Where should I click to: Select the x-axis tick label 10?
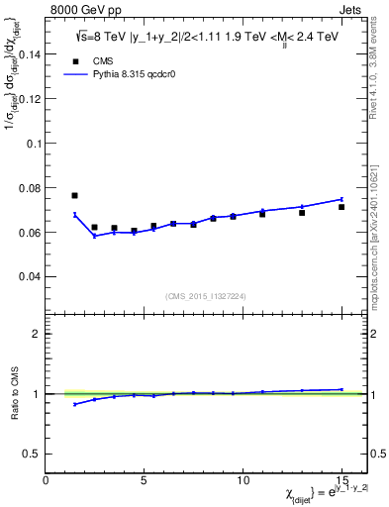(243, 480)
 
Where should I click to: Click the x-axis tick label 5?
(145, 480)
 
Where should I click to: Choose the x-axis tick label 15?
(340, 480)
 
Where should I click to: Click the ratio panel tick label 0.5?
(33, 454)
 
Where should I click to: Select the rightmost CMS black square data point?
(341, 207)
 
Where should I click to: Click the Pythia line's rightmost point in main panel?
(341, 199)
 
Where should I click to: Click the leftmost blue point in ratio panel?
(74, 404)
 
